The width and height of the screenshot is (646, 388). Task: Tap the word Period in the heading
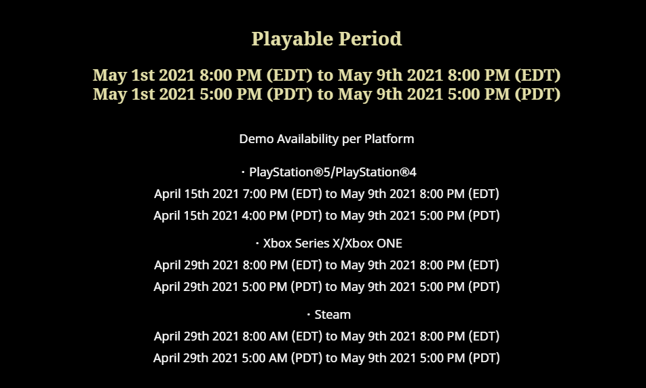pyautogui.click(x=370, y=39)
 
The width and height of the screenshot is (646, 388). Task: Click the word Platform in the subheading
pyautogui.click(x=389, y=139)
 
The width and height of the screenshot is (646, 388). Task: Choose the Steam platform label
pyautogui.click(x=332, y=315)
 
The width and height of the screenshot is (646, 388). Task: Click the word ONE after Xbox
pyautogui.click(x=389, y=244)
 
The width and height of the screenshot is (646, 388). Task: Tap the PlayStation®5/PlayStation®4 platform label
pyautogui.click(x=333, y=172)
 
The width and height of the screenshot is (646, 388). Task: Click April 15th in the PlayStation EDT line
pyautogui.click(x=182, y=193)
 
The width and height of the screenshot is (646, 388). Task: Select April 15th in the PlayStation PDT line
pyautogui.click(x=181, y=216)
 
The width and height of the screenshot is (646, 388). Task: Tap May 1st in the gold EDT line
pyautogui.click(x=123, y=75)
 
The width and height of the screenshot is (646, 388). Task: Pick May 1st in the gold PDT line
pyautogui.click(x=123, y=94)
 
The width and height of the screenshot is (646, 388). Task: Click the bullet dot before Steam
pyautogui.click(x=309, y=315)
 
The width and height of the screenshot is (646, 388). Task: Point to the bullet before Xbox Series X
pyautogui.click(x=257, y=244)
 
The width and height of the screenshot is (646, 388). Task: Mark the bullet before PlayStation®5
pyautogui.click(x=243, y=172)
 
